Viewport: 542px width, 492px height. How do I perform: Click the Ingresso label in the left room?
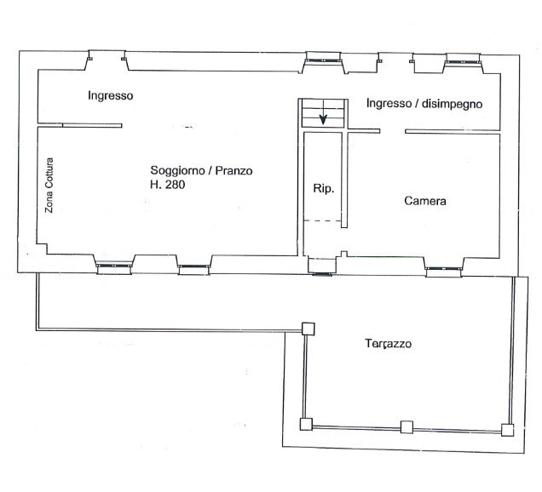click(110, 96)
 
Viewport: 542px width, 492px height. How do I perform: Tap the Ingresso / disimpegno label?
click(424, 104)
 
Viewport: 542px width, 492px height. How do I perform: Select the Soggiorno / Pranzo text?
click(201, 170)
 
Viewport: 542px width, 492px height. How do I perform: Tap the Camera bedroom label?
click(425, 202)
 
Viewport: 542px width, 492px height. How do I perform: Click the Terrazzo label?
click(389, 344)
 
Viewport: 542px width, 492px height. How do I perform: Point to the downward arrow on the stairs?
click(324, 117)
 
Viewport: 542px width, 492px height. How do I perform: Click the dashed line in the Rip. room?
click(323, 222)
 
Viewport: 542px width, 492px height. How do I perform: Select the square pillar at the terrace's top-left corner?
click(308, 329)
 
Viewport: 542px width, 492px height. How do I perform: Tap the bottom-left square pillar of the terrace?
click(305, 424)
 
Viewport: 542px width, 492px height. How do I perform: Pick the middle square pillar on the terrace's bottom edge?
click(406, 427)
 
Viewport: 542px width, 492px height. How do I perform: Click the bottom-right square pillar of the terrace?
click(508, 427)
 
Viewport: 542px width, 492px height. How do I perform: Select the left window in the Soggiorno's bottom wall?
click(113, 266)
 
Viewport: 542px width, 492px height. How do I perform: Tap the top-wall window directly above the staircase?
click(324, 59)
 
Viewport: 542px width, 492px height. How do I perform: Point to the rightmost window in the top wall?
click(460, 59)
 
